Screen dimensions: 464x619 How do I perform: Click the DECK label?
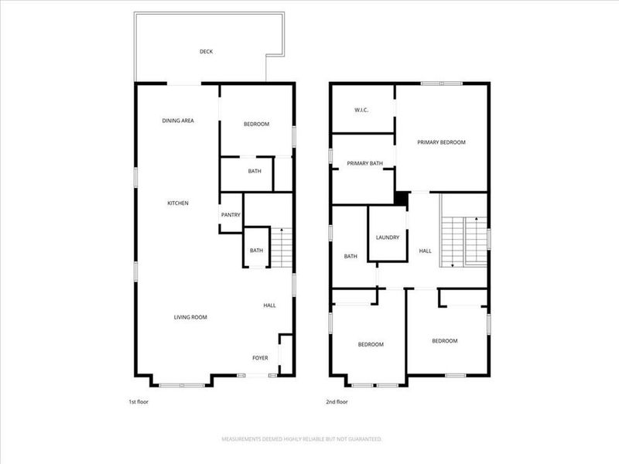[206, 52]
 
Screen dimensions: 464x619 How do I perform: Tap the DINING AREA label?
[178, 121]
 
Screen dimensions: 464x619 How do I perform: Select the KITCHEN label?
[178, 203]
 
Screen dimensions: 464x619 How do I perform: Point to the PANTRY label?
[231, 215]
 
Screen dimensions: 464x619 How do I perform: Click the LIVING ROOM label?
[190, 317]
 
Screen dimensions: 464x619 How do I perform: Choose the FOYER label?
[261, 358]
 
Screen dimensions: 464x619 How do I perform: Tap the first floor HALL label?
[269, 305]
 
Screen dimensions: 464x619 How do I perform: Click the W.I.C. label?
[361, 110]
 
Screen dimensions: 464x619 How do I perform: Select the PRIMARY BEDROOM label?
[441, 142]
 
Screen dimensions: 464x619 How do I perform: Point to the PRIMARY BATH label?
[365, 163]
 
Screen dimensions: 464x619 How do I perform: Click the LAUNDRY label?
[387, 237]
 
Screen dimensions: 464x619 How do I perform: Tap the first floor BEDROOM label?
[256, 125]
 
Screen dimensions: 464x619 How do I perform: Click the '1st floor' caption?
[139, 402]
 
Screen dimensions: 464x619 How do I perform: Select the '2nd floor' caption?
[337, 402]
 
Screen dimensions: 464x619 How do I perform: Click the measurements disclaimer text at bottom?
[302, 439]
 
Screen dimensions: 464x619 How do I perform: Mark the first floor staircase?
[282, 248]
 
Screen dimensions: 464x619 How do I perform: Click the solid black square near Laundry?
[400, 199]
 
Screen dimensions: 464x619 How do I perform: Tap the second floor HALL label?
[425, 251]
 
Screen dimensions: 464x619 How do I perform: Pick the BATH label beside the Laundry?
[351, 257]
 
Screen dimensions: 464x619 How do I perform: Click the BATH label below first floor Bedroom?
[254, 171]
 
